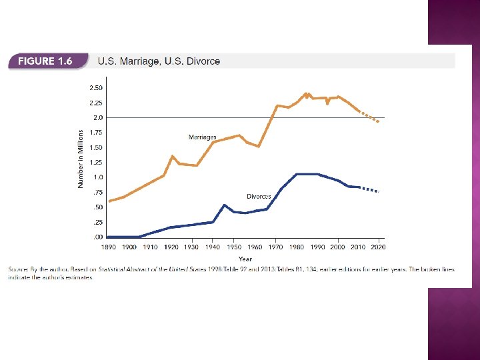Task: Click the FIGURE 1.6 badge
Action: [x=46, y=61]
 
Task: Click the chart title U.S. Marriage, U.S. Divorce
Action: [x=159, y=61]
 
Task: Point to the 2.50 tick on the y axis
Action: [x=96, y=87]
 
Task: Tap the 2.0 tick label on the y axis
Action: [x=98, y=117]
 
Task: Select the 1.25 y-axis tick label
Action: [x=96, y=162]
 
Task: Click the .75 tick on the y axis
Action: [x=97, y=192]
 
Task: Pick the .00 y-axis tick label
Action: [x=97, y=237]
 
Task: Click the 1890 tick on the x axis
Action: [x=107, y=247]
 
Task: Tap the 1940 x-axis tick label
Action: [x=212, y=247]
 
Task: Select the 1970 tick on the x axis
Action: [x=275, y=247]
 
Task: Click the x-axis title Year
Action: [x=245, y=258]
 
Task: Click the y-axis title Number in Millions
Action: [x=81, y=159]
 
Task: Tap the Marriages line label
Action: [x=203, y=137]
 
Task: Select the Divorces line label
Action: [x=259, y=196]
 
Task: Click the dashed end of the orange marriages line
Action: [x=370, y=117]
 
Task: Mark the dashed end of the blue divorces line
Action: [x=370, y=189]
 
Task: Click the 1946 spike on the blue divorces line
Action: [x=225, y=205]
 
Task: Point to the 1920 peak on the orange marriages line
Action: [x=173, y=156]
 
